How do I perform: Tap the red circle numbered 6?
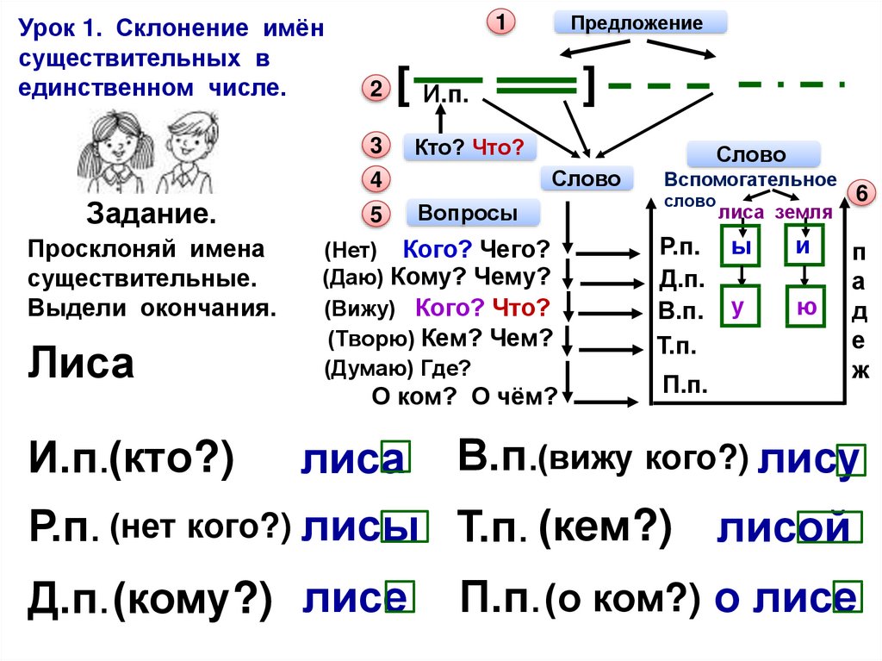pos(860,193)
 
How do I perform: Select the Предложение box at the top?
pos(639,22)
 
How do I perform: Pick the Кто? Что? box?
pos(469,147)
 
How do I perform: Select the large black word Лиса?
pos(81,364)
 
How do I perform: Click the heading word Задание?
pos(150,214)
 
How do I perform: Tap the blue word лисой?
pos(788,527)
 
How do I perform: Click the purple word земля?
pos(803,212)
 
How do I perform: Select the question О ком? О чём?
pos(464,396)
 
